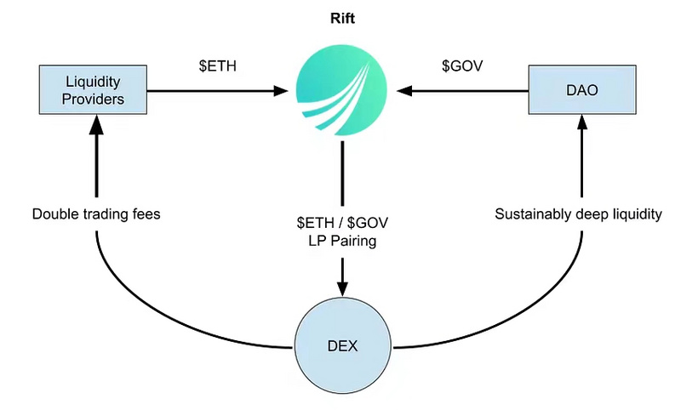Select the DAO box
pos(582,89)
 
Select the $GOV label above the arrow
pos(463,65)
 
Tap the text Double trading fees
pos(96,214)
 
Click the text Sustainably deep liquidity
pos(578,214)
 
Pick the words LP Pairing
pos(341,242)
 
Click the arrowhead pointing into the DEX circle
pos(341,289)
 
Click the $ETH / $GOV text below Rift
pos(341,223)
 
